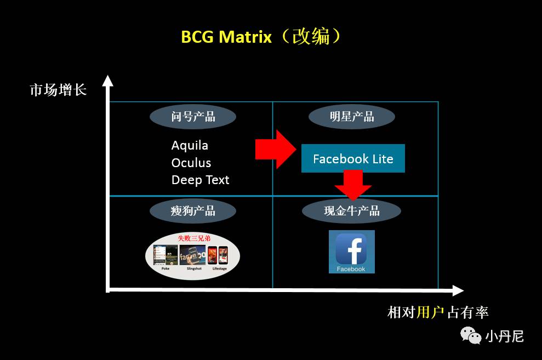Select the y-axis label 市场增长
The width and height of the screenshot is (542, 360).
58,89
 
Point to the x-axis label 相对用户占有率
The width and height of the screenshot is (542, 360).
437,312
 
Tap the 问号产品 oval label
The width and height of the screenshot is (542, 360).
193,117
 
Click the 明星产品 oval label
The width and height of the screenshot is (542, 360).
352,117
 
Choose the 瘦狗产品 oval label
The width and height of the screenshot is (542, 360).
193,210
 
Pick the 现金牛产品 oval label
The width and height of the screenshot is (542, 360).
352,210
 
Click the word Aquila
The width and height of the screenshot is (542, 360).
190,145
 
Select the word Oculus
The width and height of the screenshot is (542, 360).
191,163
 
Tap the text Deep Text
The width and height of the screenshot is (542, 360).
200,180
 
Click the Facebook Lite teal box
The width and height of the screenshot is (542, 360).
353,159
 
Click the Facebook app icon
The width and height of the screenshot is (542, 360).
351,252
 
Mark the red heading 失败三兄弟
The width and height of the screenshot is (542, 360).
192,238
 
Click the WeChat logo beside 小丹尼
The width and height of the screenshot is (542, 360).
470,334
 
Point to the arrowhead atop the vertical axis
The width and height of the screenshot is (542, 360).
108,81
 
